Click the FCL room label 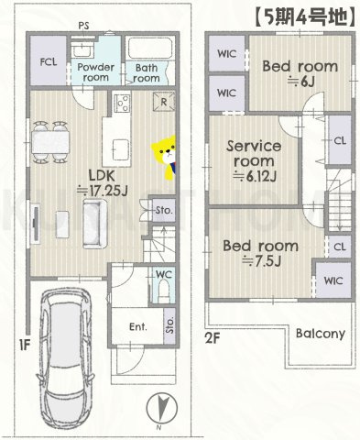point(49,62)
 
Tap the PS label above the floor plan point(83,26)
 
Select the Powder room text point(95,72)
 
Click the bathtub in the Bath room point(148,48)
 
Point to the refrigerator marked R point(164,102)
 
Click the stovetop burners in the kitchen point(123,103)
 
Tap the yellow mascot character point(164,158)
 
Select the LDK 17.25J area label point(102,183)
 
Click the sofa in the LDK point(95,224)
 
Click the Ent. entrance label point(138,327)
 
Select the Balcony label point(321,334)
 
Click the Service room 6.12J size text point(255,176)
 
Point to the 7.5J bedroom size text point(261,261)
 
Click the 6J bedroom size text point(300,82)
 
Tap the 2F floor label point(213,338)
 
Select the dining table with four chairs point(50,142)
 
